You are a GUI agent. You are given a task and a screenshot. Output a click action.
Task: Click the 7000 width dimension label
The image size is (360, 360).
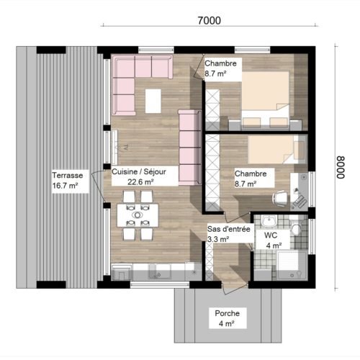tap(209, 21)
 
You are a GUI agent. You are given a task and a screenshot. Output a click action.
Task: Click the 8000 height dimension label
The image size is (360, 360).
tap(341, 167)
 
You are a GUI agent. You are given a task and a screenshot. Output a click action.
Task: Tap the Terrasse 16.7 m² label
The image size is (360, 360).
tap(68, 181)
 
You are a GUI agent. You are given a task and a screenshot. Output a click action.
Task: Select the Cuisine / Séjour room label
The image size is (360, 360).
tap(139, 172)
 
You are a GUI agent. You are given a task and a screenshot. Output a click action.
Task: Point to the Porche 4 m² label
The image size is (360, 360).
tap(227, 318)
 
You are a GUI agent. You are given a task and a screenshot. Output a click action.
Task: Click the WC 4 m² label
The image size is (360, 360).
tap(272, 240)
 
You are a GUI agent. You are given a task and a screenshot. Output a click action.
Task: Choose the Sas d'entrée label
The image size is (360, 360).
tap(229, 229)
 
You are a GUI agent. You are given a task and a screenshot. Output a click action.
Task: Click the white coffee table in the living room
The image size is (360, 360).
tap(153, 101)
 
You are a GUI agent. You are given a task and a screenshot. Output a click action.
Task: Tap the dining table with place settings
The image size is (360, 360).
tap(138, 215)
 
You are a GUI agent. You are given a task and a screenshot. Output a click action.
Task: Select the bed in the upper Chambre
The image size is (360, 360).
tap(266, 99)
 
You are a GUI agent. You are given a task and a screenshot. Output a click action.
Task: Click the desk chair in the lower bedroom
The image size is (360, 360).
tap(280, 198)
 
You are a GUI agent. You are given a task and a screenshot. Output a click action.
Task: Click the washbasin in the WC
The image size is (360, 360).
tap(269, 221)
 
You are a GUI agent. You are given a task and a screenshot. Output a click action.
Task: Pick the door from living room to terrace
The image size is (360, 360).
tap(98, 186)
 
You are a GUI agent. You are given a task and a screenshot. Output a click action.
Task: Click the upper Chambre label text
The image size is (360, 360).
tap(220, 63)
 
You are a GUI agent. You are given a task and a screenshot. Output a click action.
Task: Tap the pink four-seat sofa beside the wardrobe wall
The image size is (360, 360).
tap(189, 148)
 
